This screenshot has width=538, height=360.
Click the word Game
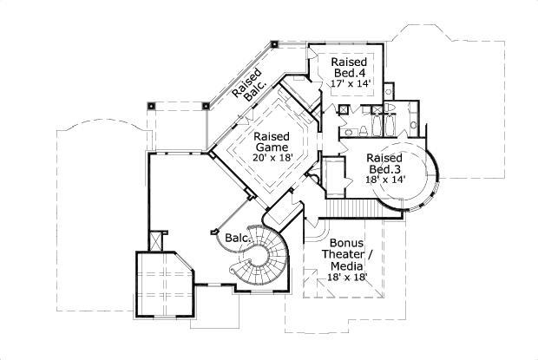tap(272, 147)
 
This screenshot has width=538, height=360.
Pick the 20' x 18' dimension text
tap(272, 158)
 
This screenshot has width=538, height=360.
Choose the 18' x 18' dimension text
tap(347, 277)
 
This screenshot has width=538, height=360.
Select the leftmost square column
tap(151, 105)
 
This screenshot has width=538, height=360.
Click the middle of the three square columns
tap(206, 105)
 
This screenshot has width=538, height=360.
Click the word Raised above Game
tap(272, 136)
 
